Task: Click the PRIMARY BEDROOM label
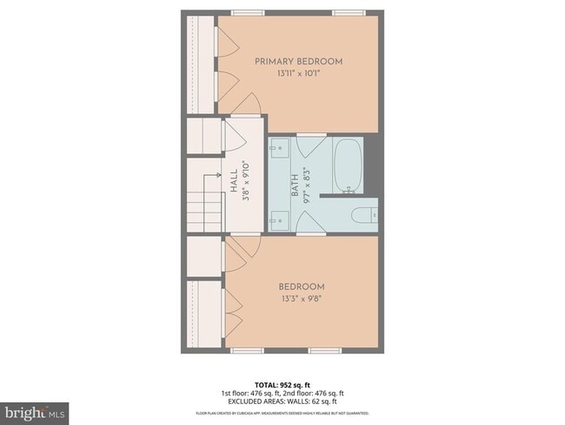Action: pyautogui.click(x=298, y=62)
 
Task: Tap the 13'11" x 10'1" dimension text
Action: pyautogui.click(x=298, y=74)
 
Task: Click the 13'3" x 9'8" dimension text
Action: pyautogui.click(x=302, y=299)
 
